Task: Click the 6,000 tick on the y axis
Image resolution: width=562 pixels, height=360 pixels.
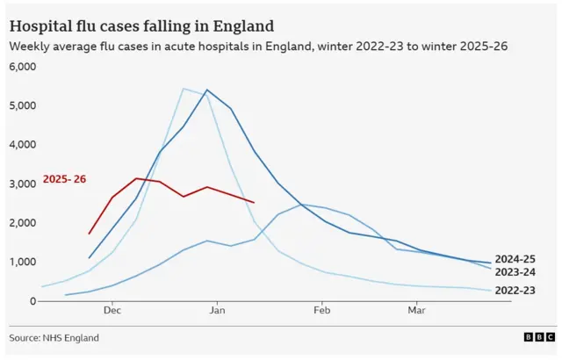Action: [22, 67]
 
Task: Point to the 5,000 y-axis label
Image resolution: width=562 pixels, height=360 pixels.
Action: [22, 105]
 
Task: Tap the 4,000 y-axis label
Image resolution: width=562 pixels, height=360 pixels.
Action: [22, 145]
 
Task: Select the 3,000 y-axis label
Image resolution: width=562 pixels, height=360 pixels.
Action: [22, 184]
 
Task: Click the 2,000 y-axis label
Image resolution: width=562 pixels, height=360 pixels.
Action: [22, 223]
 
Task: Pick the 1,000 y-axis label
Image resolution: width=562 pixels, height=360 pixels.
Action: [22, 262]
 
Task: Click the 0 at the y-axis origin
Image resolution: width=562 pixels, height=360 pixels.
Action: [32, 301]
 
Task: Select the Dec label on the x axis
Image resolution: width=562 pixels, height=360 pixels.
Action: [112, 311]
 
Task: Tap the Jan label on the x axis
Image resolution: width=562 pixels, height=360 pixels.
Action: [217, 311]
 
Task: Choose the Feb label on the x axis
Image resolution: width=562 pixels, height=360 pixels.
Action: [321, 311]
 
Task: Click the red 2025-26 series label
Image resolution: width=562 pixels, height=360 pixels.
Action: [65, 180]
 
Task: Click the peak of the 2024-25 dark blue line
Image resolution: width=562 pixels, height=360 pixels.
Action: [207, 90]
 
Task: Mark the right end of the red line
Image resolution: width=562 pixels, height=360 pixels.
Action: [254, 203]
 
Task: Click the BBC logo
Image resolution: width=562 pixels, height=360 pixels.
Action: [534, 338]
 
